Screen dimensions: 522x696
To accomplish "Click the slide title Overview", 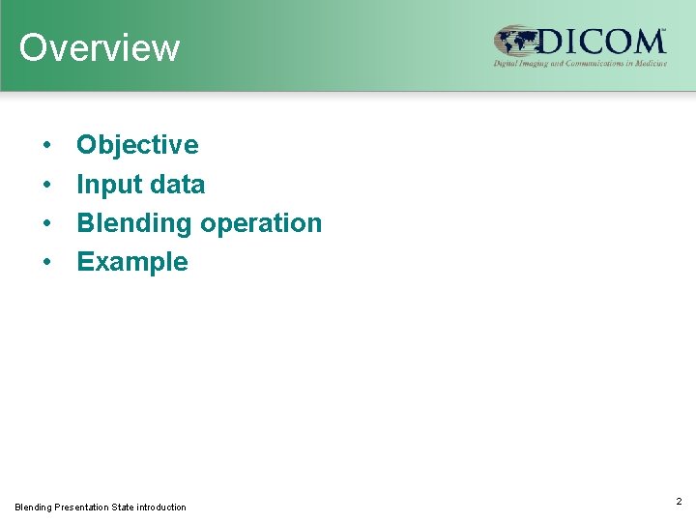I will [100, 47].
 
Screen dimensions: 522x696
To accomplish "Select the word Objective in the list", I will [137, 145].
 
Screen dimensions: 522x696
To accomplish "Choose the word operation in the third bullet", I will [261, 223].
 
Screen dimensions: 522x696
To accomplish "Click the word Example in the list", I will [132, 262].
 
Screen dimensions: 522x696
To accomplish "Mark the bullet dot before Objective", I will [46, 146].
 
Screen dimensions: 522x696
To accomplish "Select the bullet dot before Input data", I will [46, 185].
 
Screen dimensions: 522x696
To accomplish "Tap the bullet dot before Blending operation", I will [46, 223].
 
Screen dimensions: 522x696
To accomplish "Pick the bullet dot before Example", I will [46, 262].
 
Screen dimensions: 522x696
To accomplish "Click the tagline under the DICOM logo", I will [580, 64].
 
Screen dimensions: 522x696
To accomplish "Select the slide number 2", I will [679, 501].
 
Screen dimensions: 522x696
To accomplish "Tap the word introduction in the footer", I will [161, 507].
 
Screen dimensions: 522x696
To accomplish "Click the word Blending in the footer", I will [34, 507].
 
